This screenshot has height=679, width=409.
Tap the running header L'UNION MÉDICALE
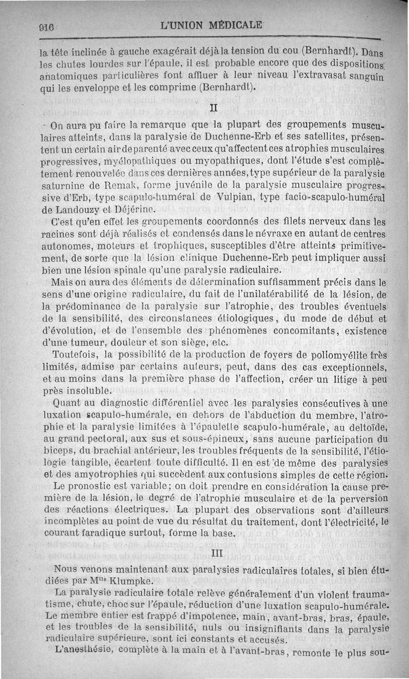[211, 24]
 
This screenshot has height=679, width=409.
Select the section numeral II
[215, 108]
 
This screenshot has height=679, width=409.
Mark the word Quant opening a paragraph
[69, 403]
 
